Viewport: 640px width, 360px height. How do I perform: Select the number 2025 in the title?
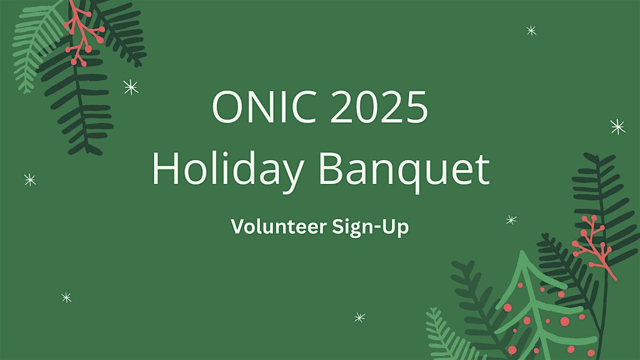(x=379, y=107)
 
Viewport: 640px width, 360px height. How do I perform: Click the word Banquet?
(x=405, y=169)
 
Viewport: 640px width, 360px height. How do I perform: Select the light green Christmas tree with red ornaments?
(x=539, y=309)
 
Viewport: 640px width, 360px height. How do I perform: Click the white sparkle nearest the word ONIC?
(x=131, y=87)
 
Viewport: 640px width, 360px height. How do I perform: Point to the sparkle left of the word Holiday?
(x=30, y=180)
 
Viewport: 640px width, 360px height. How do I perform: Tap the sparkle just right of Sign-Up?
(x=511, y=219)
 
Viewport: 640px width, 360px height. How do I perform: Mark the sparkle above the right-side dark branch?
(x=618, y=126)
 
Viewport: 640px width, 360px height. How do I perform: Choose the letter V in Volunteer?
(x=237, y=227)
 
